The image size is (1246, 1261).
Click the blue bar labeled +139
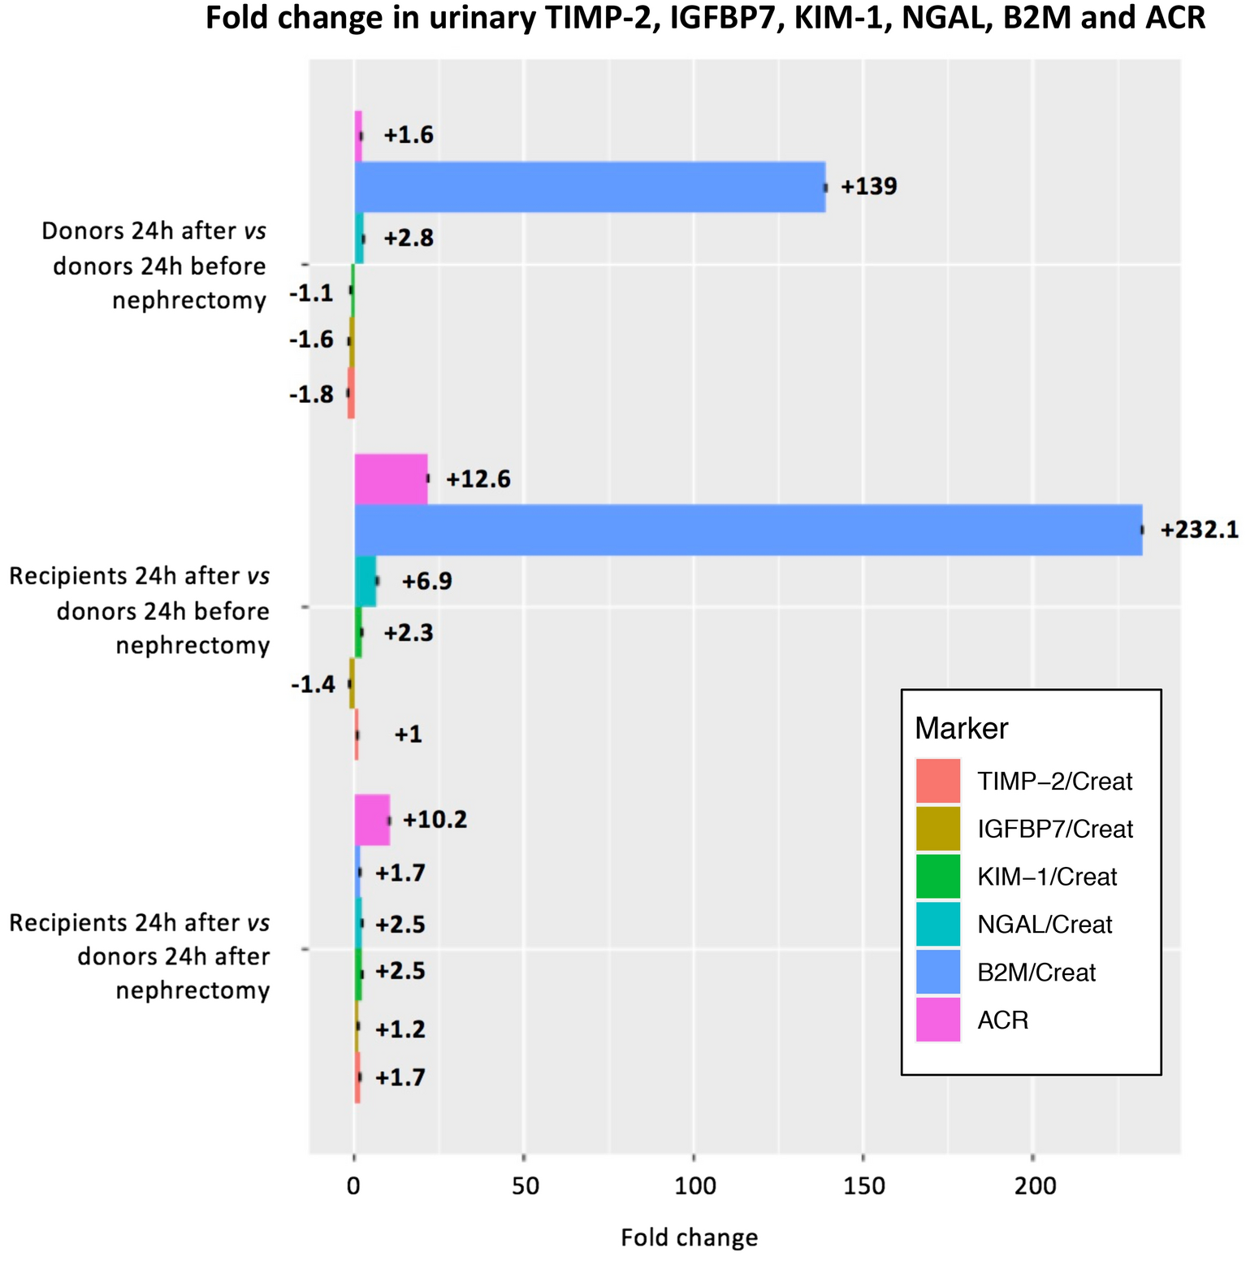(590, 187)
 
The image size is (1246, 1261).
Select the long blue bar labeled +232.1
(747, 530)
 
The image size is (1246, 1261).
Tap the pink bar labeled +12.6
(391, 479)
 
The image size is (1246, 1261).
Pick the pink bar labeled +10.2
(372, 820)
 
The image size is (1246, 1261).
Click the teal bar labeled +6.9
(366, 581)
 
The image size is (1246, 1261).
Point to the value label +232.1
(1199, 531)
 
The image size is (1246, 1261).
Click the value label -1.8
(311, 394)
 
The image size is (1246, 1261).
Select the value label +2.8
(409, 239)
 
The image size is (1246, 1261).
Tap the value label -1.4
(313, 685)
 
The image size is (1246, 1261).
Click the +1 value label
(408, 734)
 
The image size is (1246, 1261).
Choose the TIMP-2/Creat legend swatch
(937, 781)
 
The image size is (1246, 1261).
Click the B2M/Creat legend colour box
(937, 972)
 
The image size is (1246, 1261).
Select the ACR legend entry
(1002, 1020)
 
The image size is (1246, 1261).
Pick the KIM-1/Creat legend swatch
(937, 877)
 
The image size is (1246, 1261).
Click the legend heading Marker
(961, 728)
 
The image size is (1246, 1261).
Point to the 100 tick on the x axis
(695, 1186)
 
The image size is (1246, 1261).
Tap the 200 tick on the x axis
(1036, 1186)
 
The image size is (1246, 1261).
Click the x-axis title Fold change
(689, 1237)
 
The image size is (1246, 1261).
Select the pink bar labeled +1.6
(358, 136)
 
